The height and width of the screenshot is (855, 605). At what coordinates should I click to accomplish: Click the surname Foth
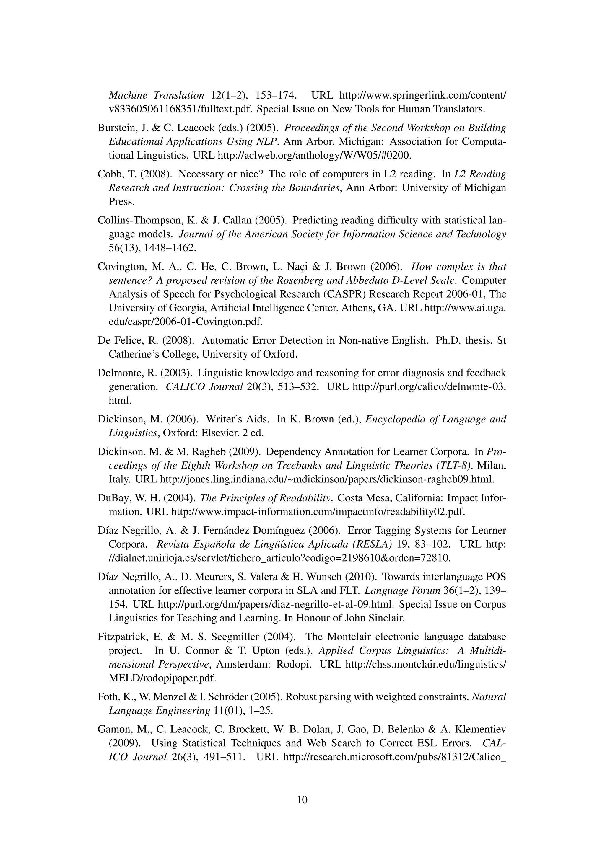tap(107, 697)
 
